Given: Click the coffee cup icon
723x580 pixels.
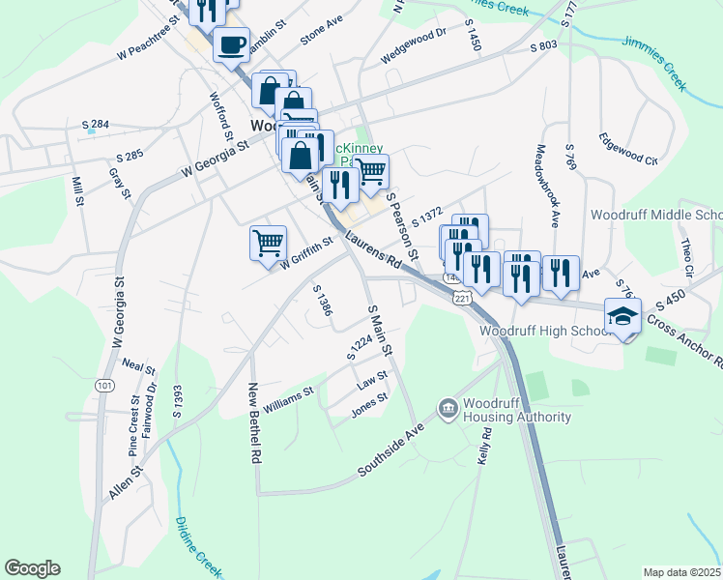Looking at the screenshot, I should point(230,43).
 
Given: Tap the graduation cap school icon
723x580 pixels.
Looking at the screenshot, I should point(622,316).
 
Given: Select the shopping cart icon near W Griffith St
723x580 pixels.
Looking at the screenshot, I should point(268,243).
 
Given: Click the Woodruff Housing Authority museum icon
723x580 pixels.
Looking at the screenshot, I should point(448,410).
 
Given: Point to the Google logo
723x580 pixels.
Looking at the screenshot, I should point(32,568).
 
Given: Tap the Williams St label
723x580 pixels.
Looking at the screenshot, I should point(288,400).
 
